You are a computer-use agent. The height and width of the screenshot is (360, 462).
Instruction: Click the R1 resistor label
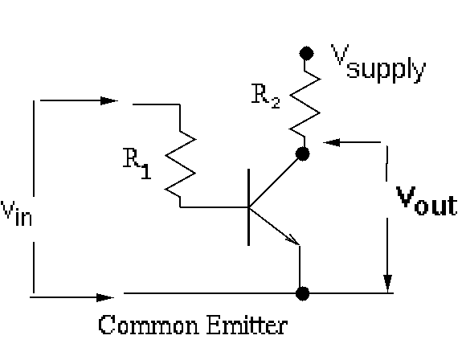137,163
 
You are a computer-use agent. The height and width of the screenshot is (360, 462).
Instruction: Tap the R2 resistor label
265,96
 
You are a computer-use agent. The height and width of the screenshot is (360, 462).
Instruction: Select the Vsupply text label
378,63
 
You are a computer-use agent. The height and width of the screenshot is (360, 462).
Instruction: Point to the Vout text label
427,200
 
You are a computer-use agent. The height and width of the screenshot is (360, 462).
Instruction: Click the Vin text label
17,213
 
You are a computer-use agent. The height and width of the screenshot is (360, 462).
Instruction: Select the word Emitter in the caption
247,325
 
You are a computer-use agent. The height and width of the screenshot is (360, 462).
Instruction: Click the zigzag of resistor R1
180,165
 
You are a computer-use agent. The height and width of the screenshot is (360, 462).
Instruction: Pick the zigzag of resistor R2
305,104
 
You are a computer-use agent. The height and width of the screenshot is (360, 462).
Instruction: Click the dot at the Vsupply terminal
306,53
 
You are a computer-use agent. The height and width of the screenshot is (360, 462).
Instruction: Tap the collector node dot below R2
302,153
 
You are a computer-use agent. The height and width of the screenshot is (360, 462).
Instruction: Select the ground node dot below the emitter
302,293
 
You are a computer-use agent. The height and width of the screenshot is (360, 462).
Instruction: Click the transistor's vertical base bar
249,207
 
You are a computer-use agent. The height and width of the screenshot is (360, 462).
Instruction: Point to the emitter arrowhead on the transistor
293,239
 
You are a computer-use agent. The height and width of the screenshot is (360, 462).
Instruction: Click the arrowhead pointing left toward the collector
332,142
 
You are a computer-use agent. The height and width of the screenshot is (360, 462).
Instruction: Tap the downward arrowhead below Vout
387,284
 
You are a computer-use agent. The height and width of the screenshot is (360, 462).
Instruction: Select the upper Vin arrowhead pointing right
109,100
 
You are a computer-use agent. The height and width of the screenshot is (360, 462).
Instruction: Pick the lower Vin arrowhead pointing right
105,297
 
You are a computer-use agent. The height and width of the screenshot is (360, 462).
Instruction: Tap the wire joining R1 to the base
215,207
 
